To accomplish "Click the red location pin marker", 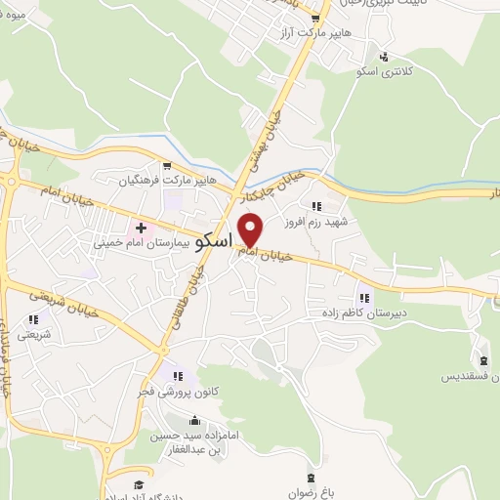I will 251,230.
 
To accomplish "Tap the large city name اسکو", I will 213,240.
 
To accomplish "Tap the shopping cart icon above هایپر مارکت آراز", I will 314,19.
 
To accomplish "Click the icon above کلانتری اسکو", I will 385,57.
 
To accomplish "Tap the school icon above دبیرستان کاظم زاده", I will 363,298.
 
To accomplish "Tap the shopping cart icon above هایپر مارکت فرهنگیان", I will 168,165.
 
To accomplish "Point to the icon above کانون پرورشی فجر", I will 177,375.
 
